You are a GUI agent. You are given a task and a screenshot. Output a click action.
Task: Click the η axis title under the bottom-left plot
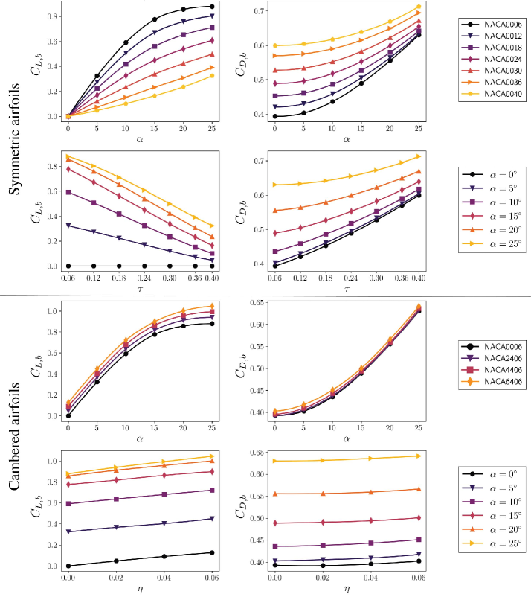click(140, 588)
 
